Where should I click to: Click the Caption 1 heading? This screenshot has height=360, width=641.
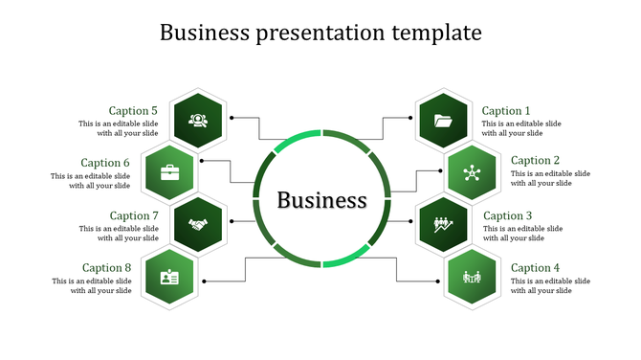504,111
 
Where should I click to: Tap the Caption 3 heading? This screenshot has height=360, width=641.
507,216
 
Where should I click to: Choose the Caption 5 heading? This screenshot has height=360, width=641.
133,111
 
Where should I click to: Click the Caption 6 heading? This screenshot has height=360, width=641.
105,163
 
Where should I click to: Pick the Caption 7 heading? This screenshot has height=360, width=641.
133,216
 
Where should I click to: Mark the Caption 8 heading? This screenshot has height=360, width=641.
106,268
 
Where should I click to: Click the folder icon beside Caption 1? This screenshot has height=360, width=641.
444,121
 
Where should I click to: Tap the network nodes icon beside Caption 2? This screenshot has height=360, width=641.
471,173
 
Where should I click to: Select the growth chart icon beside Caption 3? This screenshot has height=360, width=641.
444,225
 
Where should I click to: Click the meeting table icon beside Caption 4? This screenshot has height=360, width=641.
471,278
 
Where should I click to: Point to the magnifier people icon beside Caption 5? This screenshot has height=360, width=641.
198,121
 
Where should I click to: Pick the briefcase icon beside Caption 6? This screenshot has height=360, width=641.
169,173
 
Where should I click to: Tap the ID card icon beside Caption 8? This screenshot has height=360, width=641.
169,278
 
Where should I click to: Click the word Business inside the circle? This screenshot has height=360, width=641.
321,201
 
